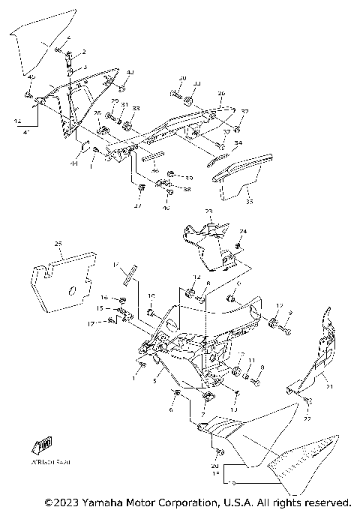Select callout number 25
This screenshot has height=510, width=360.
[58, 244]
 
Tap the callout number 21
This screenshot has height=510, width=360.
[327, 386]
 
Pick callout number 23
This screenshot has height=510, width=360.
[209, 212]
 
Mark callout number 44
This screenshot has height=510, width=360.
[74, 163]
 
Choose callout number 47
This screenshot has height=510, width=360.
[137, 206]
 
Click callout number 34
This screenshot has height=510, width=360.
[238, 142]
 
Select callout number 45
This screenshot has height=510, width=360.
[31, 77]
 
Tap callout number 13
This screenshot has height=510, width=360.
[234, 410]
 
